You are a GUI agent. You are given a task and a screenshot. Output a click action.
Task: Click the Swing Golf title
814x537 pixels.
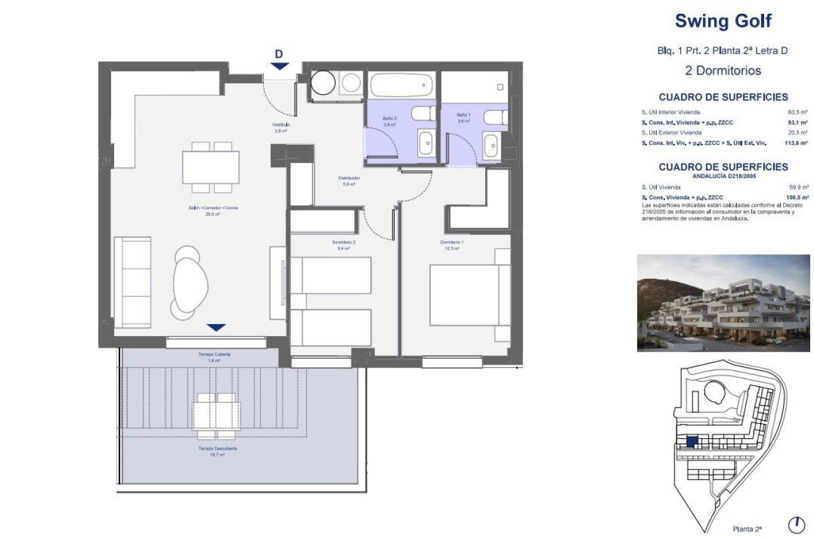(723, 21)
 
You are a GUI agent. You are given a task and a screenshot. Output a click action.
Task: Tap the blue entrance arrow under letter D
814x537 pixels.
(280, 66)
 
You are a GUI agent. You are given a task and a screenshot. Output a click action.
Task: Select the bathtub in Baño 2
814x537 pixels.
(401, 85)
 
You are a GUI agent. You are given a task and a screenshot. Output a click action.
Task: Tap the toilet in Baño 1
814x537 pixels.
(495, 118)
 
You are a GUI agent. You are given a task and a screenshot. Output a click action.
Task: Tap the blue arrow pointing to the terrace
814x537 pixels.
(216, 327)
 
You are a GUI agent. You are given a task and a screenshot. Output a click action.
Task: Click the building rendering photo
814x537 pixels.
(723, 303)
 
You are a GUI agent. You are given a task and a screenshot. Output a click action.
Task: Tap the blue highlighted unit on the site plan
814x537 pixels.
(692, 442)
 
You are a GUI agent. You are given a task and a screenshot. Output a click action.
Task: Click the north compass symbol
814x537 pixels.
(797, 524)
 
